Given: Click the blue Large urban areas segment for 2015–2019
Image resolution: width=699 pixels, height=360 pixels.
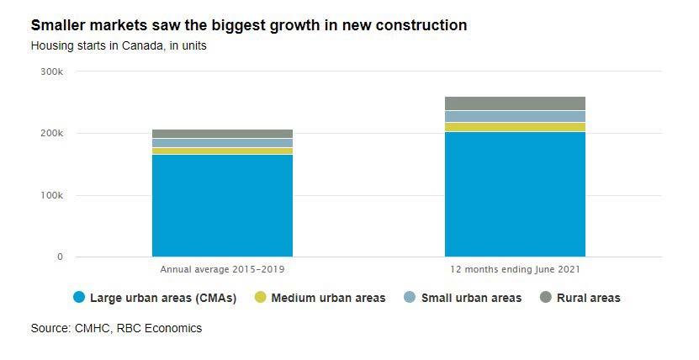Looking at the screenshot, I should [222, 205].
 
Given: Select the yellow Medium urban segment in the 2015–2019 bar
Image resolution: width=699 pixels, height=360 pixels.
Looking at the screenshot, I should [222, 151].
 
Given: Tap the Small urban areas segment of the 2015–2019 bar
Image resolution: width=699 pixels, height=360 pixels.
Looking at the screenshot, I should [222, 143].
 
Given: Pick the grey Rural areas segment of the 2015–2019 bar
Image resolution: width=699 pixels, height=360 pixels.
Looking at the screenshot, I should [222, 134].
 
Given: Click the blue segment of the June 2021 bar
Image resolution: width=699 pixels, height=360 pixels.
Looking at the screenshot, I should [515, 194].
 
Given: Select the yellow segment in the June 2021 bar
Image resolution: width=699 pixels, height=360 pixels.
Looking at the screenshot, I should [515, 127].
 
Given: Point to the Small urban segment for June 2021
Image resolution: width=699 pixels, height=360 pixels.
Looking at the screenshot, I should [515, 117].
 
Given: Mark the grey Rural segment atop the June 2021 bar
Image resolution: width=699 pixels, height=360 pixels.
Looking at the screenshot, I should [515, 103].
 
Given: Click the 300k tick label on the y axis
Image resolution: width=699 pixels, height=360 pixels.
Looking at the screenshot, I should [52, 71].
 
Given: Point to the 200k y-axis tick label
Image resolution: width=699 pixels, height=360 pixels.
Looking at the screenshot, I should [52, 134].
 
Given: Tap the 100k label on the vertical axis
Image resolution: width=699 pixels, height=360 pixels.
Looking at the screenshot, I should [52, 195].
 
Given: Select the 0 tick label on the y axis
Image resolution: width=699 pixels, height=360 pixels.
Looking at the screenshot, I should [60, 257].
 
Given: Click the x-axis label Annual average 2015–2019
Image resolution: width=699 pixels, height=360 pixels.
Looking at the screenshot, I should [222, 269].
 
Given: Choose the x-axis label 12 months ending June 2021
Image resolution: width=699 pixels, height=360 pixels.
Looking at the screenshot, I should [515, 269].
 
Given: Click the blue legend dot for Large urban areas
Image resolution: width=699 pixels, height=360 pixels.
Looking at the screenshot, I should [79, 297].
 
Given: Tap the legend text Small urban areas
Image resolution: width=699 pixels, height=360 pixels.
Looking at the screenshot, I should [471, 298].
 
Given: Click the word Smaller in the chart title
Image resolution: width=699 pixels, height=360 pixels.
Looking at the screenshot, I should [59, 26].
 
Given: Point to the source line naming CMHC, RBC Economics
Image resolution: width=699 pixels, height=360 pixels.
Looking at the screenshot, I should [116, 329].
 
